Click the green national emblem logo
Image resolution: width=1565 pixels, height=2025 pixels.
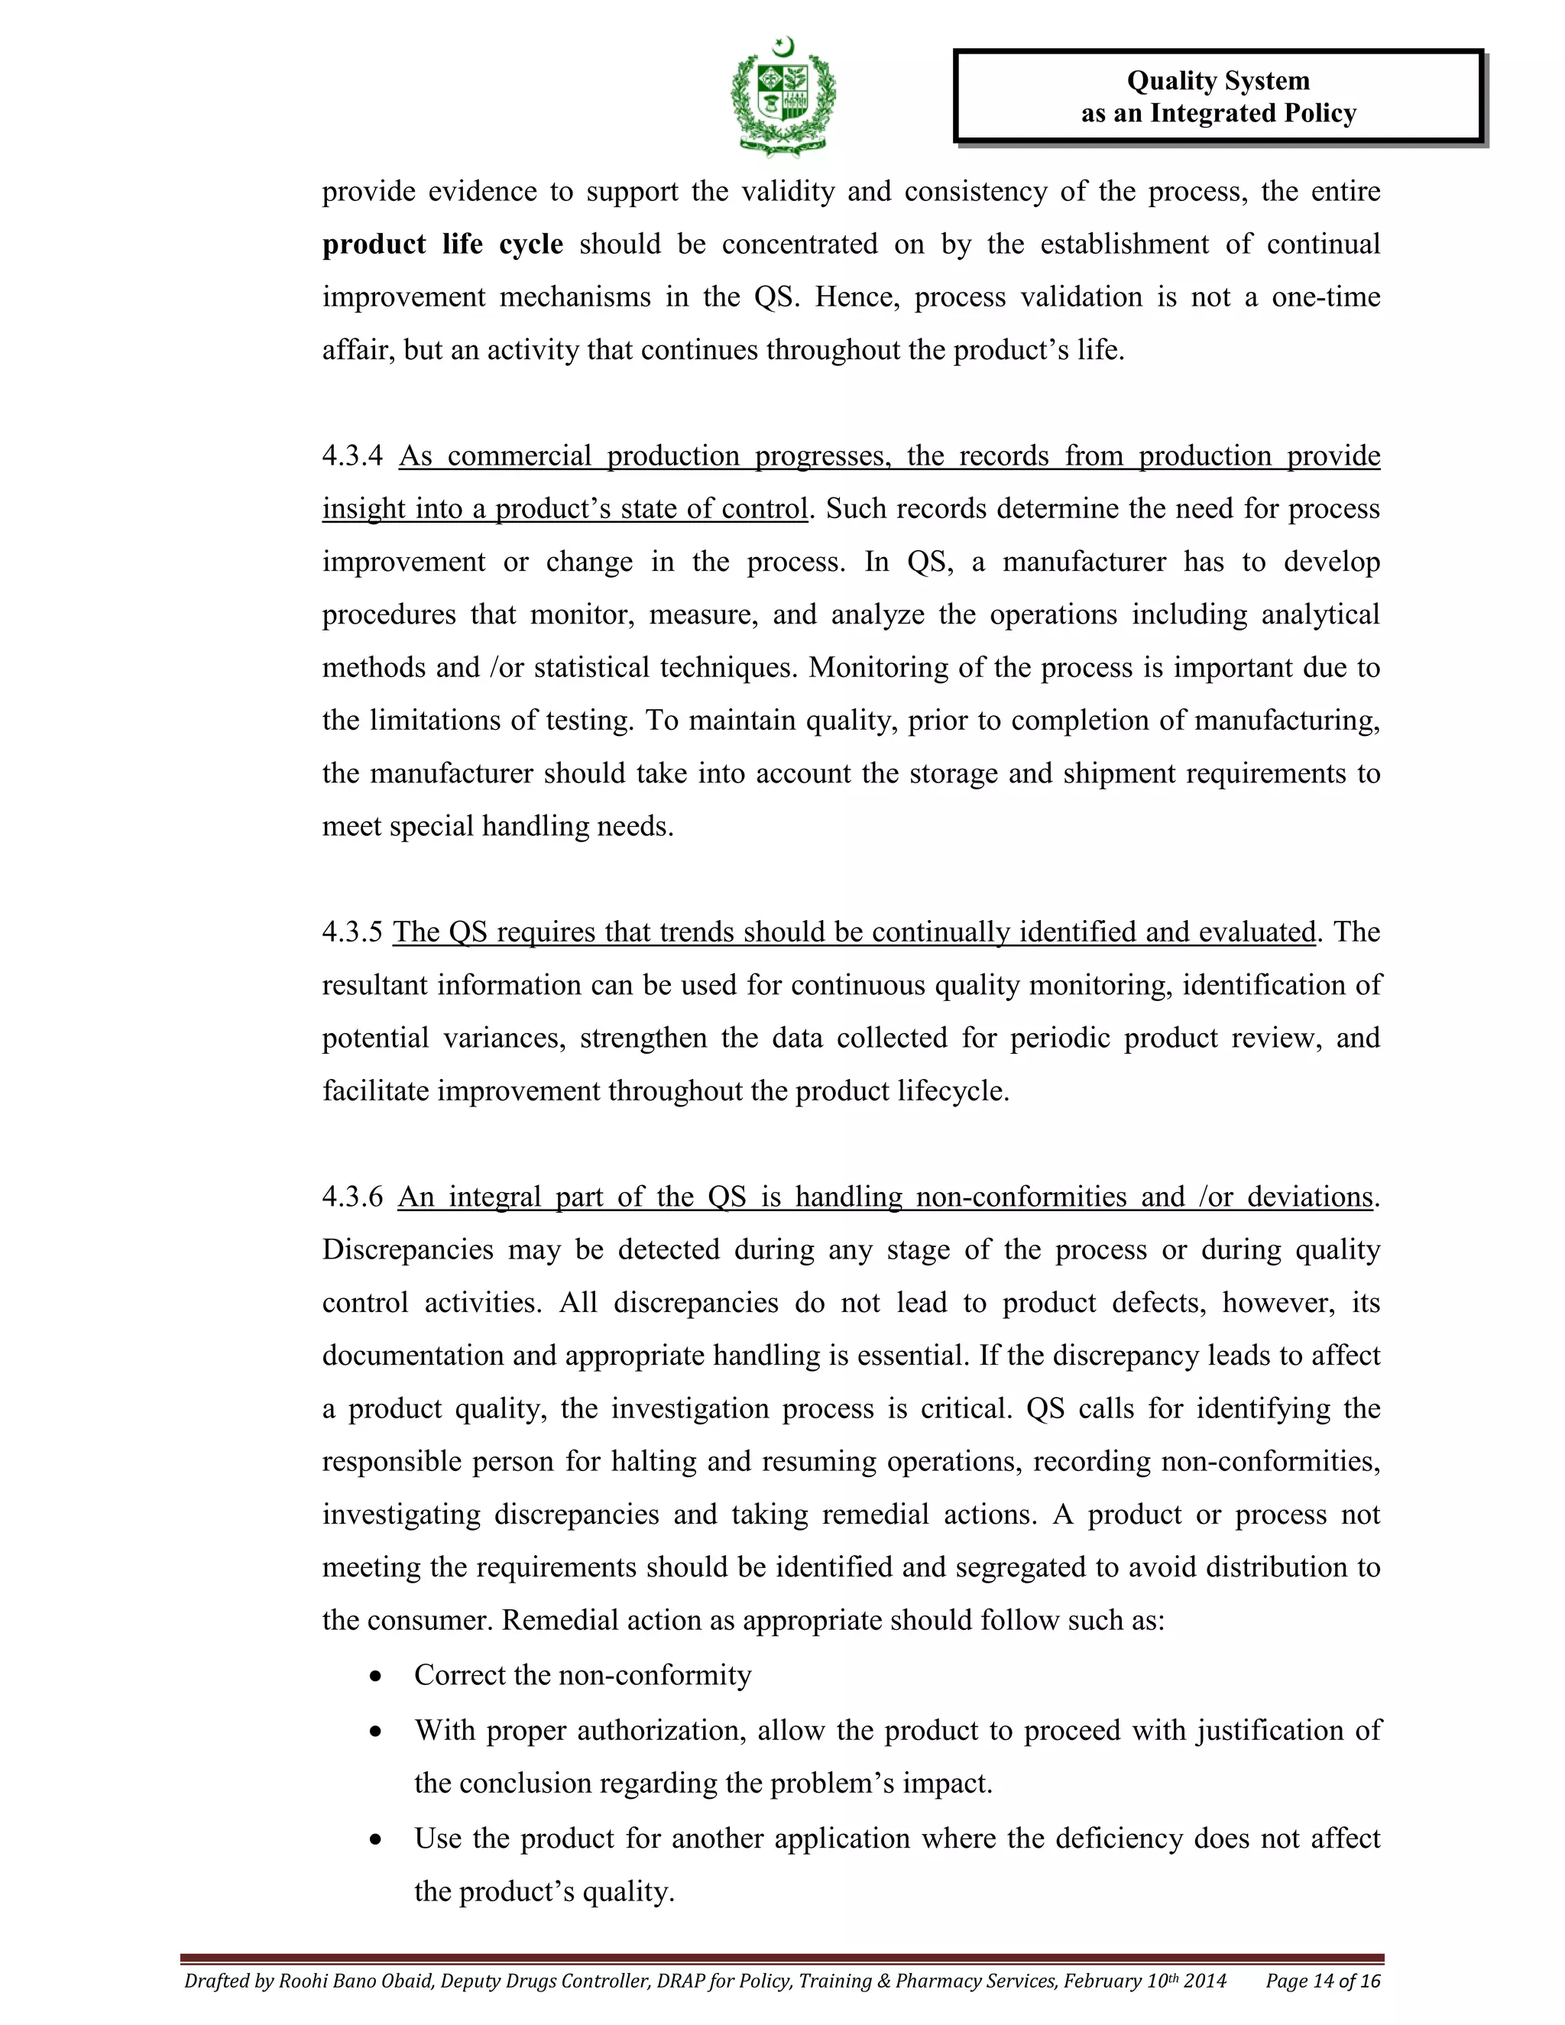tap(783, 96)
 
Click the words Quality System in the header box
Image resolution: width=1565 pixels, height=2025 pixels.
tap(1217, 81)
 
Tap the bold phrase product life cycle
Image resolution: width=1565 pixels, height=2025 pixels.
tap(442, 244)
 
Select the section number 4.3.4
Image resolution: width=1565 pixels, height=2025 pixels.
tap(352, 455)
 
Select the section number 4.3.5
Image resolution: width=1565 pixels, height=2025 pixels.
tap(352, 932)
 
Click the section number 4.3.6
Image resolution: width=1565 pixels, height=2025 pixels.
tap(352, 1197)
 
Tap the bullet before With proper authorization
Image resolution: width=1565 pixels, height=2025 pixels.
tap(375, 1731)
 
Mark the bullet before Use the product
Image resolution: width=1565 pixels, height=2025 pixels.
tap(375, 1839)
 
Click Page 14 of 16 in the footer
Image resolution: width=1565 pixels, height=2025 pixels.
tap(1323, 1981)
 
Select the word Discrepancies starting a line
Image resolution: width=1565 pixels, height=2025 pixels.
tap(407, 1250)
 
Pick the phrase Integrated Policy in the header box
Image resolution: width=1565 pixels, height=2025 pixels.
tap(1252, 113)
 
